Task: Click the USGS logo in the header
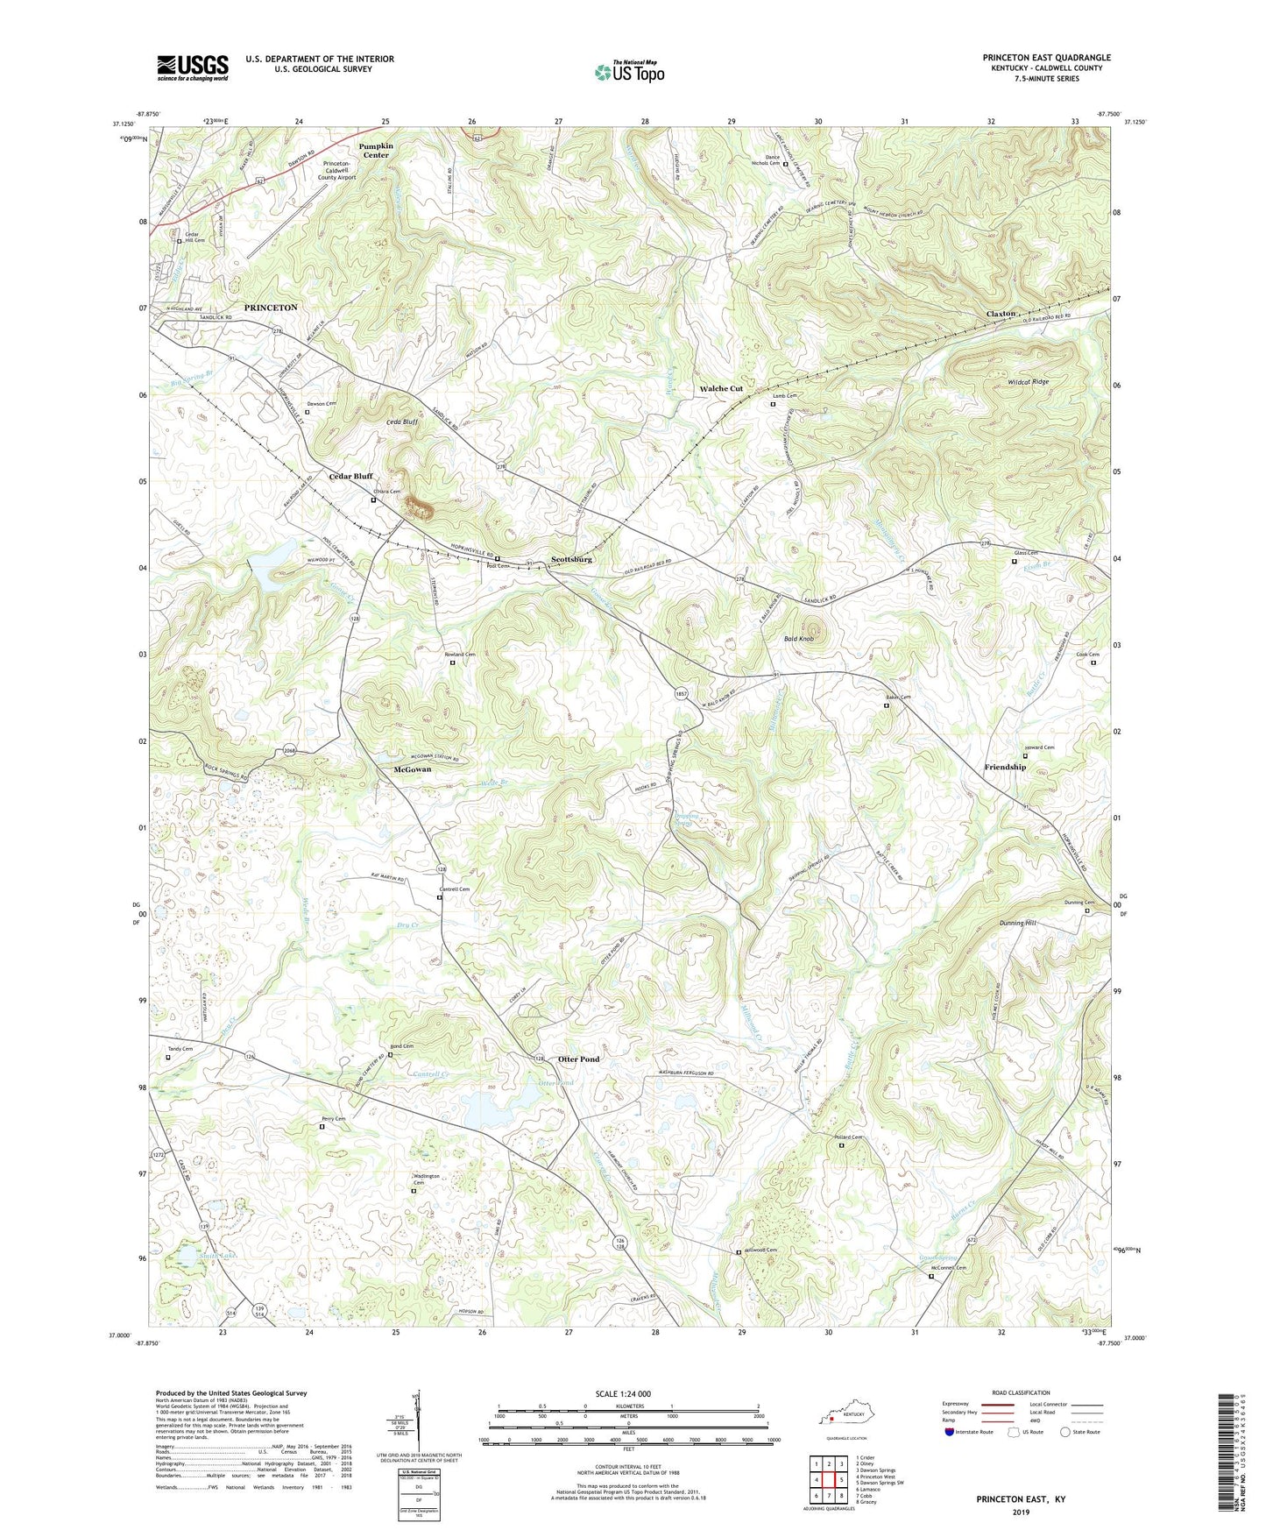click(193, 67)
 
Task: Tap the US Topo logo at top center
click(629, 72)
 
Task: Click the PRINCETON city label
click(271, 308)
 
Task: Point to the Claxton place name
click(1001, 313)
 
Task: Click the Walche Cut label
click(720, 388)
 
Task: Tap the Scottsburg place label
click(572, 559)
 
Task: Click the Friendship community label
click(1005, 767)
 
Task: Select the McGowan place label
click(412, 769)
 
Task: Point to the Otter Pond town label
click(579, 1059)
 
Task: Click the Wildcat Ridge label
click(1028, 382)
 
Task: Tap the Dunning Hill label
click(1017, 923)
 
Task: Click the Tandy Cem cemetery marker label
click(180, 1048)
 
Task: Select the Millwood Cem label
click(760, 1250)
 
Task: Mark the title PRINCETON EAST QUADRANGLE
click(1046, 58)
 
